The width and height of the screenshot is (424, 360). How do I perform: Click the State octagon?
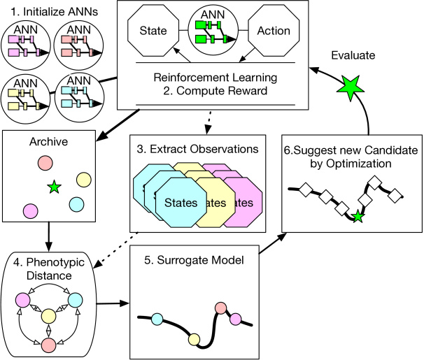pos(153,31)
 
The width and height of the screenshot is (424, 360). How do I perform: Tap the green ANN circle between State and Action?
pos(213,31)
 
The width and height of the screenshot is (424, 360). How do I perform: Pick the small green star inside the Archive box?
pos(54,187)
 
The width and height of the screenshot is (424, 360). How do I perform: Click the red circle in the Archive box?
pos(45,163)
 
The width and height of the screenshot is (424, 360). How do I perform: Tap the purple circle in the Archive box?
pos(30,210)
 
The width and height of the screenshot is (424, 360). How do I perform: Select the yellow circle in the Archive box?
pos(83,180)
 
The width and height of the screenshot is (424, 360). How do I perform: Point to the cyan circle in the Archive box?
pos(77,204)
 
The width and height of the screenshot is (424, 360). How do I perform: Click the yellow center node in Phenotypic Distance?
pos(48,317)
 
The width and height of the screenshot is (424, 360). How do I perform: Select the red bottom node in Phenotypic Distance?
pos(48,345)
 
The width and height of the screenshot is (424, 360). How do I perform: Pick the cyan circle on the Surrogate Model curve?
pos(157,319)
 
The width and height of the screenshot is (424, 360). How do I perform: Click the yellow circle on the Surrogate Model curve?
pos(194,340)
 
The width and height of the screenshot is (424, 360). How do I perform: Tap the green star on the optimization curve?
pos(358,217)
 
